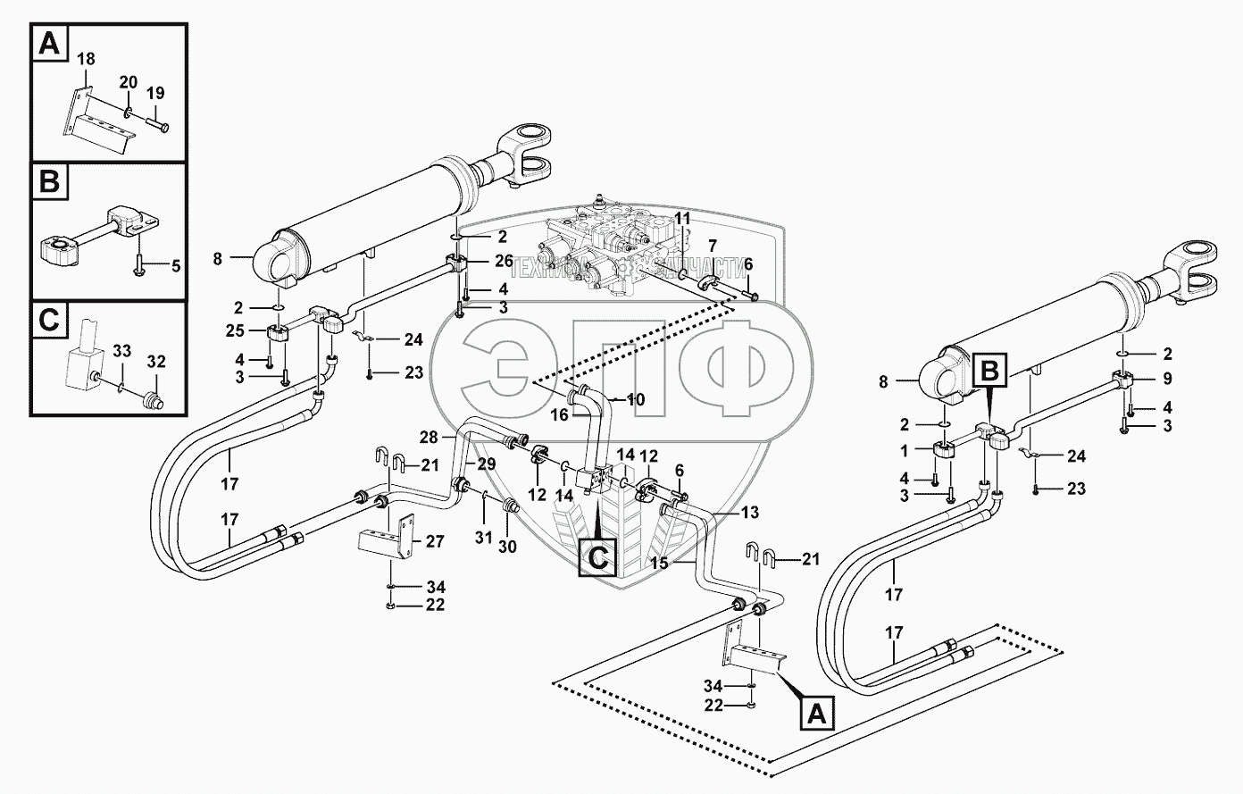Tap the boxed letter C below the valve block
[596, 557]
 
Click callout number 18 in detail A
[85, 60]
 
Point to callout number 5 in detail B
[174, 265]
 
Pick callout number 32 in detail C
[157, 361]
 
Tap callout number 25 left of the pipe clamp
[235, 331]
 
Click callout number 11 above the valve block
[682, 218]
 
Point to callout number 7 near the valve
[713, 245]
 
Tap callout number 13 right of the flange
[750, 512]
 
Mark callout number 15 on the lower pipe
[684, 564]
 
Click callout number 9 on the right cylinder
[1166, 378]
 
